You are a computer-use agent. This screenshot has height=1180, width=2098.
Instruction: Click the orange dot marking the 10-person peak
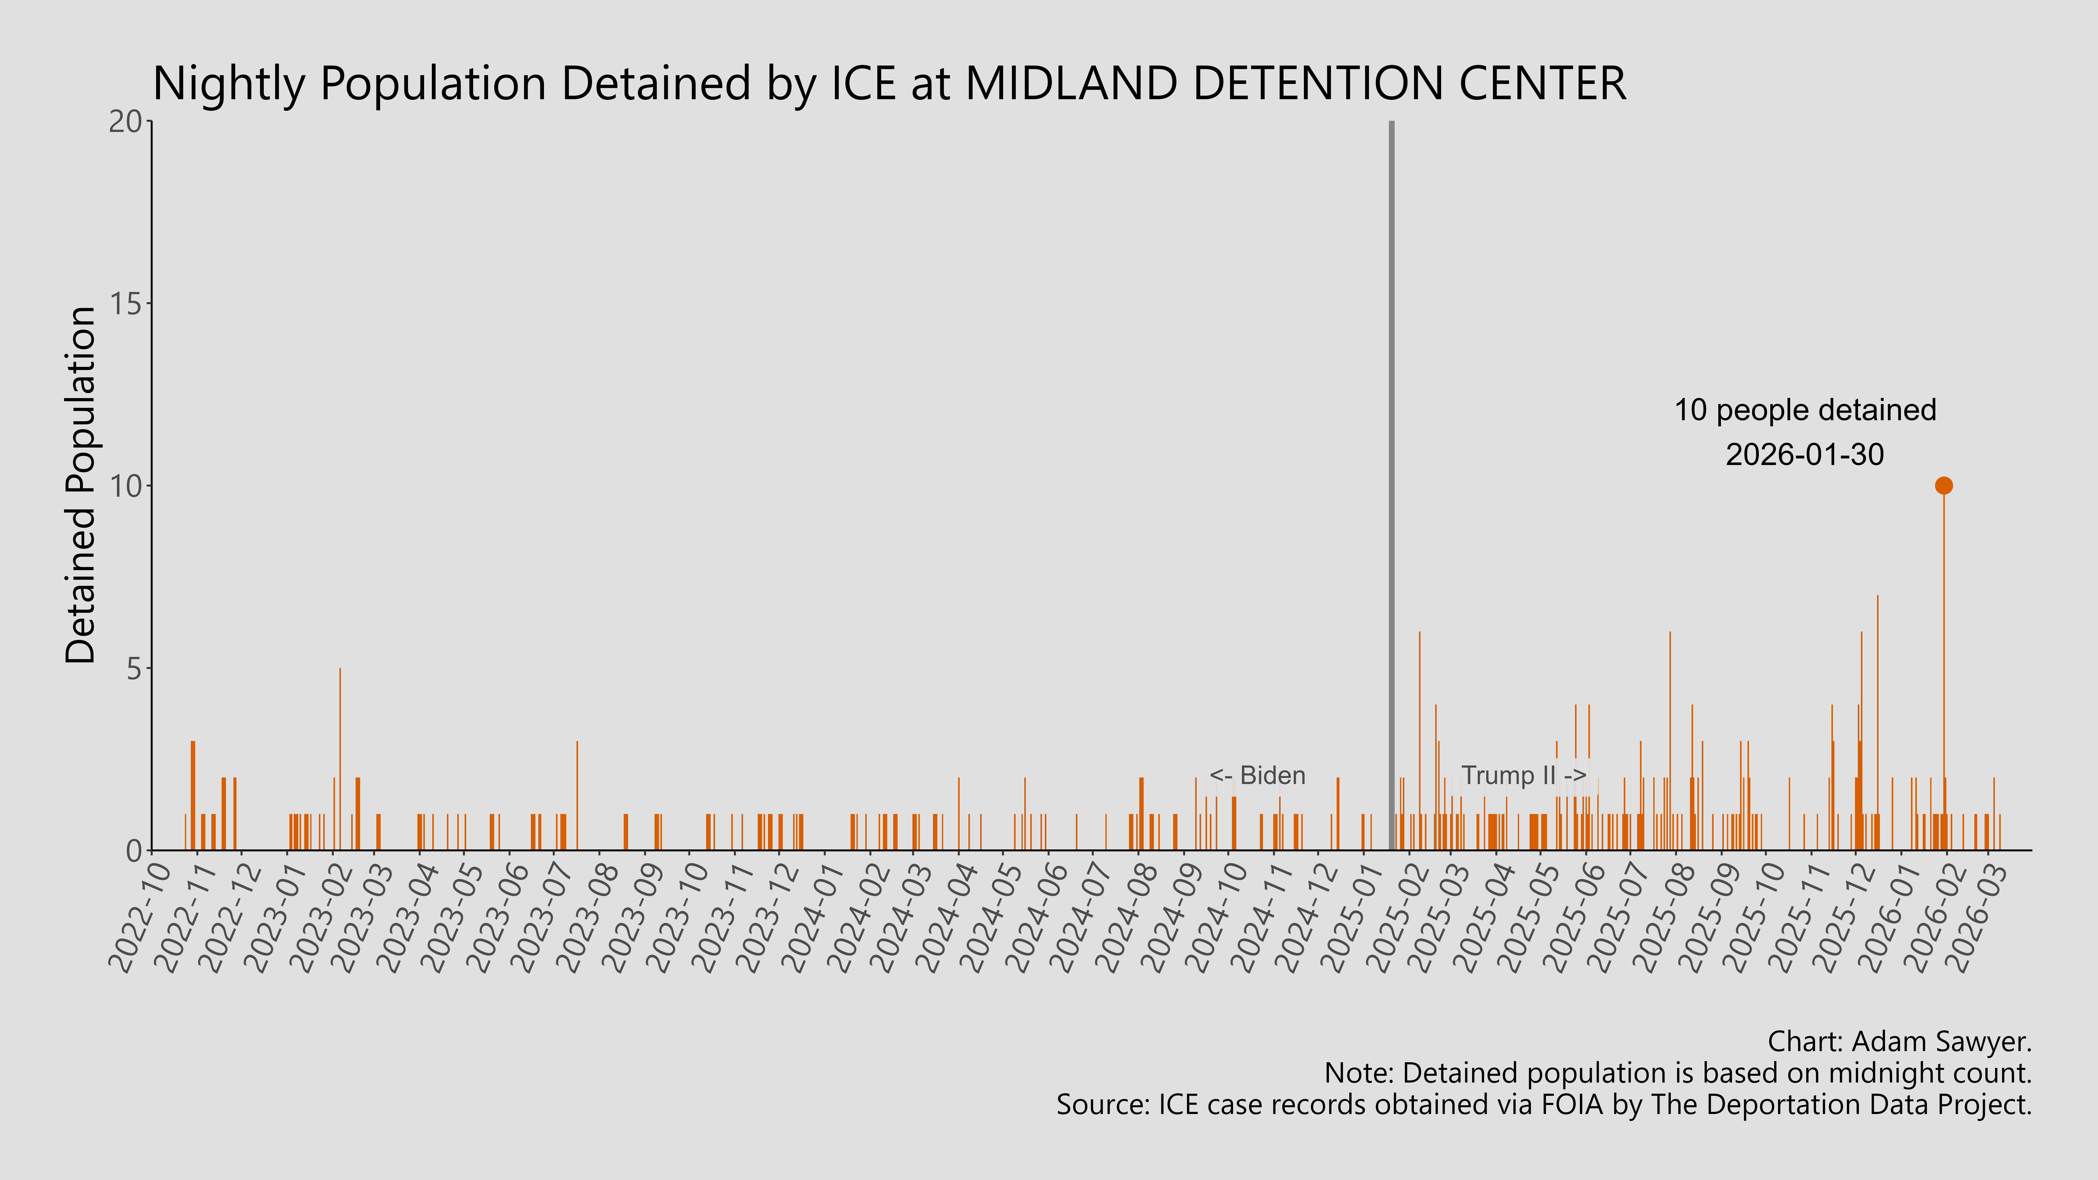(x=1943, y=485)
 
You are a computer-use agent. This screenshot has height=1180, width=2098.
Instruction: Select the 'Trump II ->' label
(x=1523, y=775)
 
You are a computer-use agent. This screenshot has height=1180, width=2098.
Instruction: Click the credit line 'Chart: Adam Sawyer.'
(x=1899, y=1041)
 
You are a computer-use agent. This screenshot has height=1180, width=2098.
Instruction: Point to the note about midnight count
(x=1678, y=1073)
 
